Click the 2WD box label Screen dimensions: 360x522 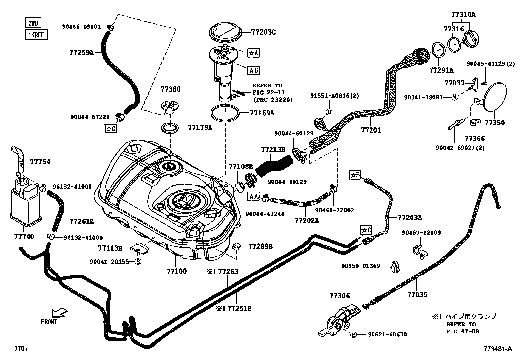33,23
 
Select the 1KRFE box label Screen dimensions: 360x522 36,34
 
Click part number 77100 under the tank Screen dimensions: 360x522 176,271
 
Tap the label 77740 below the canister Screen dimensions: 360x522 24,237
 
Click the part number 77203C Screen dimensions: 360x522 264,32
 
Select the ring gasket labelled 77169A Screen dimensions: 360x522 226,113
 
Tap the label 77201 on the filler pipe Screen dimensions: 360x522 371,130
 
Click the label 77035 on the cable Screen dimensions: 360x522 417,294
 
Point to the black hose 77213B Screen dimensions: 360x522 274,164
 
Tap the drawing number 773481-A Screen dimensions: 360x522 497,349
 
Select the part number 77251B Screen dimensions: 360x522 239,308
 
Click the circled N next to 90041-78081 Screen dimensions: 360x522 455,97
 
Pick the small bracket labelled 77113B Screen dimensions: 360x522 139,248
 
